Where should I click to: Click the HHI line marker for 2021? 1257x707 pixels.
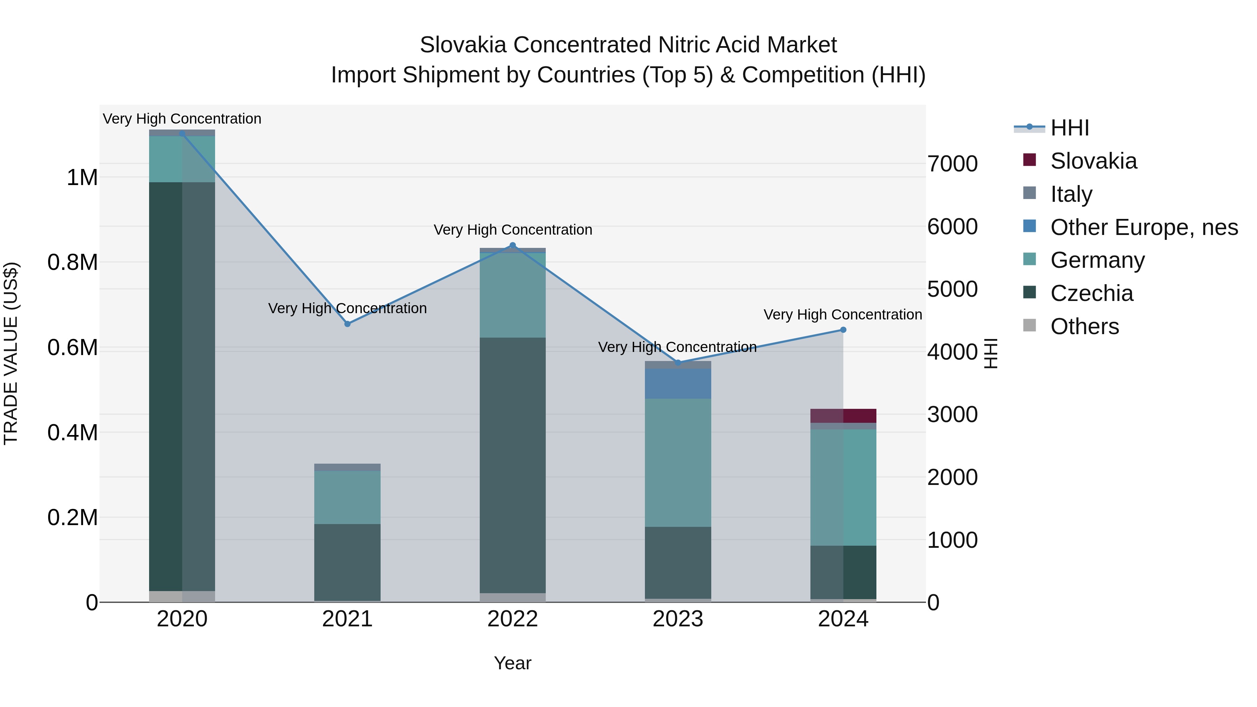coord(347,324)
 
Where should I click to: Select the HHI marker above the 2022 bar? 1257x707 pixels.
coord(512,245)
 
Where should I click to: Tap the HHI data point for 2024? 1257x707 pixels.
coord(843,330)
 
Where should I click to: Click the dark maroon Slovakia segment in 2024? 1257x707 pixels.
coord(843,416)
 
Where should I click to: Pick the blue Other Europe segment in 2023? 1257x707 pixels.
coord(678,383)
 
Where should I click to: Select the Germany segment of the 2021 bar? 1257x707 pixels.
coord(347,497)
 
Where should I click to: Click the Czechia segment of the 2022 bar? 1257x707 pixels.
coord(512,465)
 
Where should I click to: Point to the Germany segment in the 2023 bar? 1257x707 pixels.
coord(678,463)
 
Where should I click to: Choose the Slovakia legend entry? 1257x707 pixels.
coord(1093,161)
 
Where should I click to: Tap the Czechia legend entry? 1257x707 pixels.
coord(1091,293)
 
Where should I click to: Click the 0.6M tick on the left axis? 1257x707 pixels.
coord(73,348)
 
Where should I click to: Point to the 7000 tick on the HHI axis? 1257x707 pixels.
coord(952,164)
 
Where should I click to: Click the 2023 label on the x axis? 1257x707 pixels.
coord(678,619)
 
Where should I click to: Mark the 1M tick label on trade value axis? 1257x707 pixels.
coord(82,178)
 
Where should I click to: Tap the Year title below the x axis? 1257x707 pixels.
coord(512,663)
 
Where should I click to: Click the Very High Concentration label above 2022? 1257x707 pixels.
coord(512,230)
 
